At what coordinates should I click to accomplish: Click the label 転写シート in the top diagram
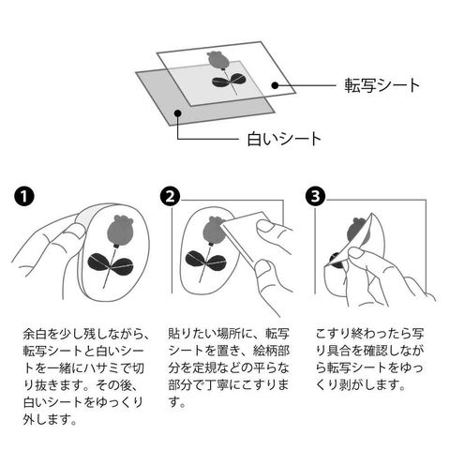pyautogui.click(x=382, y=85)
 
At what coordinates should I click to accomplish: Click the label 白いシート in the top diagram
pyautogui.click(x=284, y=139)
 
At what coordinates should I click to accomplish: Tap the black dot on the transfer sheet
pyautogui.click(x=275, y=85)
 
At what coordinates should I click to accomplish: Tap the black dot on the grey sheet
pyautogui.click(x=178, y=112)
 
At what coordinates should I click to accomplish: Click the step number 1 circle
pyautogui.click(x=24, y=196)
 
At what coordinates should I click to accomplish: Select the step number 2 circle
pyautogui.click(x=170, y=196)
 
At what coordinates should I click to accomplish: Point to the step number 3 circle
pyautogui.click(x=315, y=196)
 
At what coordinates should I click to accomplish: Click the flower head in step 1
pyautogui.click(x=121, y=232)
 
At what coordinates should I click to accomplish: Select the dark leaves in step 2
pyautogui.click(x=205, y=260)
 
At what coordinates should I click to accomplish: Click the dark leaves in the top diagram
pyautogui.click(x=229, y=81)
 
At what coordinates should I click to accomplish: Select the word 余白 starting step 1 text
pyautogui.click(x=35, y=334)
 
